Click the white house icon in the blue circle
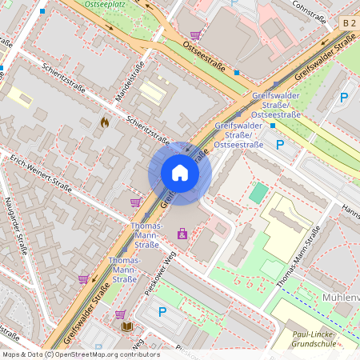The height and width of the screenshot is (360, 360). pyautogui.click(x=179, y=173)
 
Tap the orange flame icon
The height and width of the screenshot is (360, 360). pyautogui.click(x=104, y=122)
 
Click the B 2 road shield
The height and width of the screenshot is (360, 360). pyautogui.click(x=348, y=24)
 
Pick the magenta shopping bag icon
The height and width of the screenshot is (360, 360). pyautogui.click(x=182, y=234)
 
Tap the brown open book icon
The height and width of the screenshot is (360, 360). pyautogui.click(x=126, y=326)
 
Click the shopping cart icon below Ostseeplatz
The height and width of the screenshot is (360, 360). pyautogui.click(x=195, y=35)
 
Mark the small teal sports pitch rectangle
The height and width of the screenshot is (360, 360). pyautogui.click(x=258, y=193)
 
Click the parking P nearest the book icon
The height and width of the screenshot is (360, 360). pyautogui.click(x=162, y=312)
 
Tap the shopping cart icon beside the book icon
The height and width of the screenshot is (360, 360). pyautogui.click(x=120, y=314)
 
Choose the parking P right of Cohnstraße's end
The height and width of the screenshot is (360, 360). pyautogui.click(x=343, y=98)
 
